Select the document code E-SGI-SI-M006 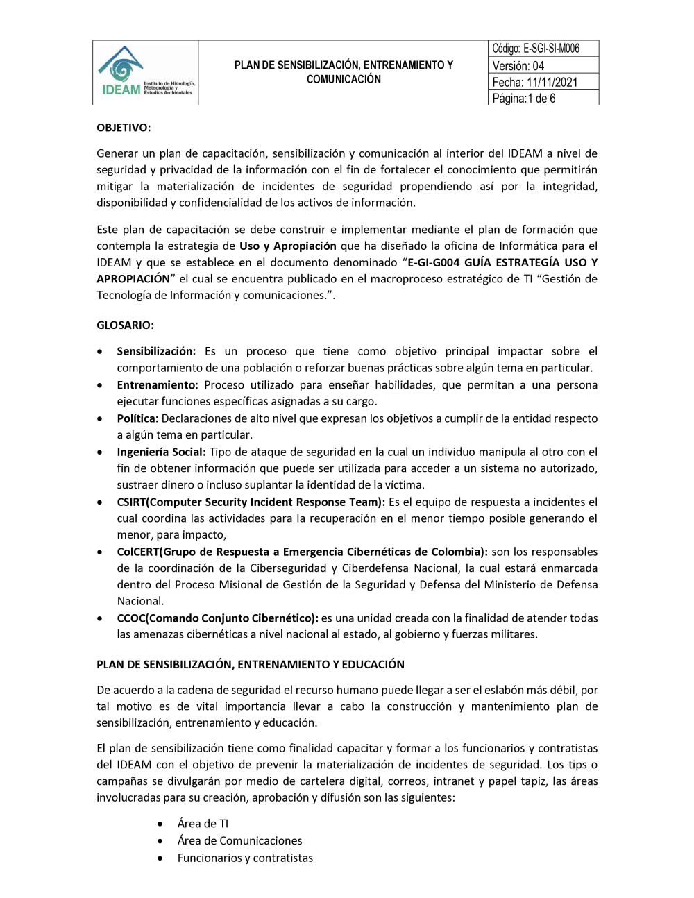click(551, 49)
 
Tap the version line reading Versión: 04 click(518, 66)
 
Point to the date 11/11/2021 click(552, 82)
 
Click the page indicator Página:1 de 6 click(524, 99)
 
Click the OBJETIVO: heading click(124, 128)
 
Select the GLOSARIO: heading click(125, 325)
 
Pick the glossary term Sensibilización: click(156, 351)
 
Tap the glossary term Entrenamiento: click(158, 385)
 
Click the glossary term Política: click(137, 418)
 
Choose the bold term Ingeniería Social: click(161, 452)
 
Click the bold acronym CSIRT click(131, 502)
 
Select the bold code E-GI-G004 click(434, 262)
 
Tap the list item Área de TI click(203, 824)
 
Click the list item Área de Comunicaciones click(239, 841)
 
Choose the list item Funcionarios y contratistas click(245, 858)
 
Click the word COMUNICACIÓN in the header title click(344, 79)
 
